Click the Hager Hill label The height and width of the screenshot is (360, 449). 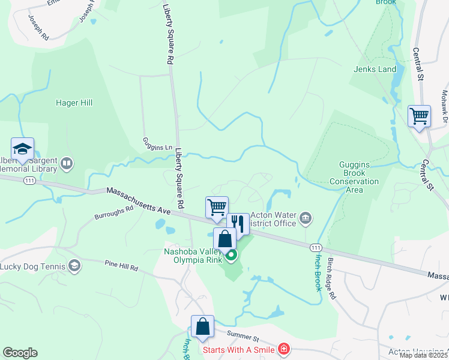[74, 103]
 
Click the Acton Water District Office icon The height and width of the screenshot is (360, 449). [306, 217]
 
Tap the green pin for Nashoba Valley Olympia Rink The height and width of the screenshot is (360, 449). [231, 256]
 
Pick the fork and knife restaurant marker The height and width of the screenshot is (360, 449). [238, 224]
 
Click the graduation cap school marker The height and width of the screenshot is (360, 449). [22, 149]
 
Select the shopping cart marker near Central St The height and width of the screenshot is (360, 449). [419, 116]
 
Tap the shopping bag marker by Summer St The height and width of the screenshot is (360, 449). [203, 327]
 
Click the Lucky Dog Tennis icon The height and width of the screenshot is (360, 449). [74, 266]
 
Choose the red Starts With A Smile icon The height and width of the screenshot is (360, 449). [283, 349]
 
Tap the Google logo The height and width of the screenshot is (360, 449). [20, 353]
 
